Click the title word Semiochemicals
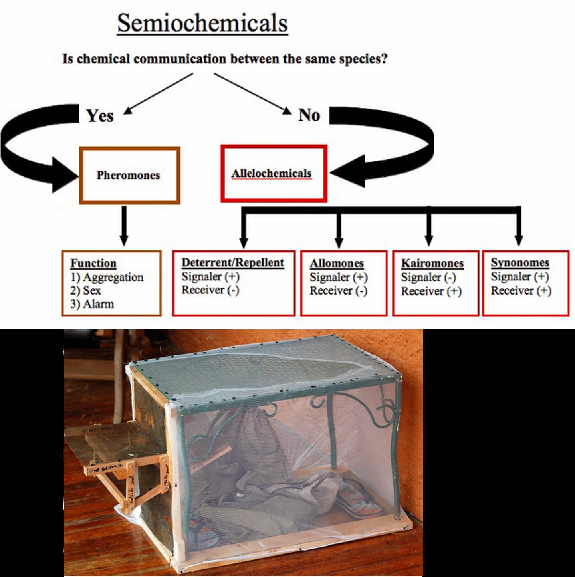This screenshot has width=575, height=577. (x=202, y=23)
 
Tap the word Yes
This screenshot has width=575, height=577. (x=100, y=116)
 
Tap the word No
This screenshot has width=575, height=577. (x=309, y=115)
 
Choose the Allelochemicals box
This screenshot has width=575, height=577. (x=274, y=174)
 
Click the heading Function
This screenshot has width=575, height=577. (x=93, y=263)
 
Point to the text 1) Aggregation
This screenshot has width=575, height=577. (x=107, y=277)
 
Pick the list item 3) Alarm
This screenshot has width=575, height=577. (x=92, y=304)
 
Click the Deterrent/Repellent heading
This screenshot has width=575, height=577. (x=232, y=263)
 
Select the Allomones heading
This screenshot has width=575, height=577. (x=337, y=264)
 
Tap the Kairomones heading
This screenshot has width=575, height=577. (x=432, y=264)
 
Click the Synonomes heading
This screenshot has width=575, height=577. (x=519, y=263)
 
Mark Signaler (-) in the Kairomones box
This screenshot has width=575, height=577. (x=428, y=277)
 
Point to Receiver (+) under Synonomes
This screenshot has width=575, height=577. (x=521, y=291)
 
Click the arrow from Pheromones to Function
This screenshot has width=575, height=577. (x=124, y=226)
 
